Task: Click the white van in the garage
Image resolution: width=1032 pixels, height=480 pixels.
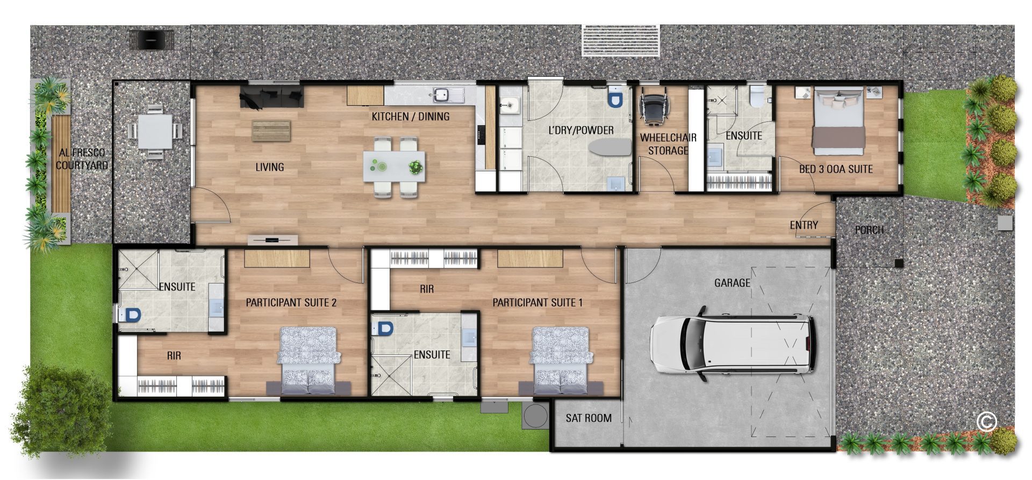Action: tap(733, 344)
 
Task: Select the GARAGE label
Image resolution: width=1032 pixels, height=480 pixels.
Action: tap(732, 282)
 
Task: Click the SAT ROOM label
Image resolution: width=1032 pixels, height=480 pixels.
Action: tap(589, 418)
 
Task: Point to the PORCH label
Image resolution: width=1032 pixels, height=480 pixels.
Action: tap(869, 230)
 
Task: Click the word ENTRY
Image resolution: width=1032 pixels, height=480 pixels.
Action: tap(804, 225)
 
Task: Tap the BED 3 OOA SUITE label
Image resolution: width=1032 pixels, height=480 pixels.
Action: tap(836, 169)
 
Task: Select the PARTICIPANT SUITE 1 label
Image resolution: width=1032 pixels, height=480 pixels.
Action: tap(537, 302)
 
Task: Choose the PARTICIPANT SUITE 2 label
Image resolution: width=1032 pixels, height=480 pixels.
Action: tap(291, 302)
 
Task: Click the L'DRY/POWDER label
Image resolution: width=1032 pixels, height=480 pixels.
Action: tap(581, 130)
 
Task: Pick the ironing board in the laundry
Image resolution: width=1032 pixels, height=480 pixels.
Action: tap(610, 148)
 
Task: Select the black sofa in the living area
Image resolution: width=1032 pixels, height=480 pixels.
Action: tap(272, 96)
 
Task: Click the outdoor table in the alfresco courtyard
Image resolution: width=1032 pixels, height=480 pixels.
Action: tap(155, 132)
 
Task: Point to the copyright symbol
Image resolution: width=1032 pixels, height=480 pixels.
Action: tap(987, 421)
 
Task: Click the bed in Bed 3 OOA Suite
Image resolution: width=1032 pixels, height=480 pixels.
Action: tap(838, 118)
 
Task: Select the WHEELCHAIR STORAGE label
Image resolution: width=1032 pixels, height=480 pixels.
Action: tap(668, 144)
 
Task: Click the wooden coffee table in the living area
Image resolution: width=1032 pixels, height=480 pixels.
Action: tap(271, 130)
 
